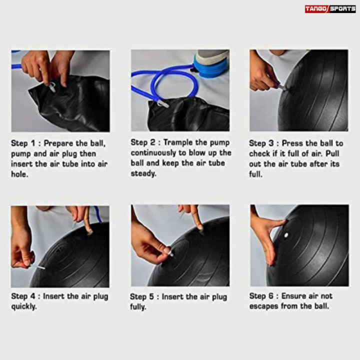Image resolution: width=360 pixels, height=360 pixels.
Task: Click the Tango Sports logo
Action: coord(330,9)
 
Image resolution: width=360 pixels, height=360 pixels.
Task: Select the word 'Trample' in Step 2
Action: coord(178,142)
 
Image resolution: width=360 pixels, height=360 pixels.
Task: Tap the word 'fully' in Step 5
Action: coord(138,307)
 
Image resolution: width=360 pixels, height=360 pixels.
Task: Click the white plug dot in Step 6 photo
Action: coord(286,234)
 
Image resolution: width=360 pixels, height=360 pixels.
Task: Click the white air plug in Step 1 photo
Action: coord(52,87)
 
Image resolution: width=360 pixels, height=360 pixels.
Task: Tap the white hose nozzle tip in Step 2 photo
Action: coord(161,105)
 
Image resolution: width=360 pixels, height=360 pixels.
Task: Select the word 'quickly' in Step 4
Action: coord(24,306)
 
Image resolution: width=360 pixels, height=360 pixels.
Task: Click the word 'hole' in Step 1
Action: coord(19,174)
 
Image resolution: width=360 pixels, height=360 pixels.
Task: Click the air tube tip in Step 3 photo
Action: coord(282,87)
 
